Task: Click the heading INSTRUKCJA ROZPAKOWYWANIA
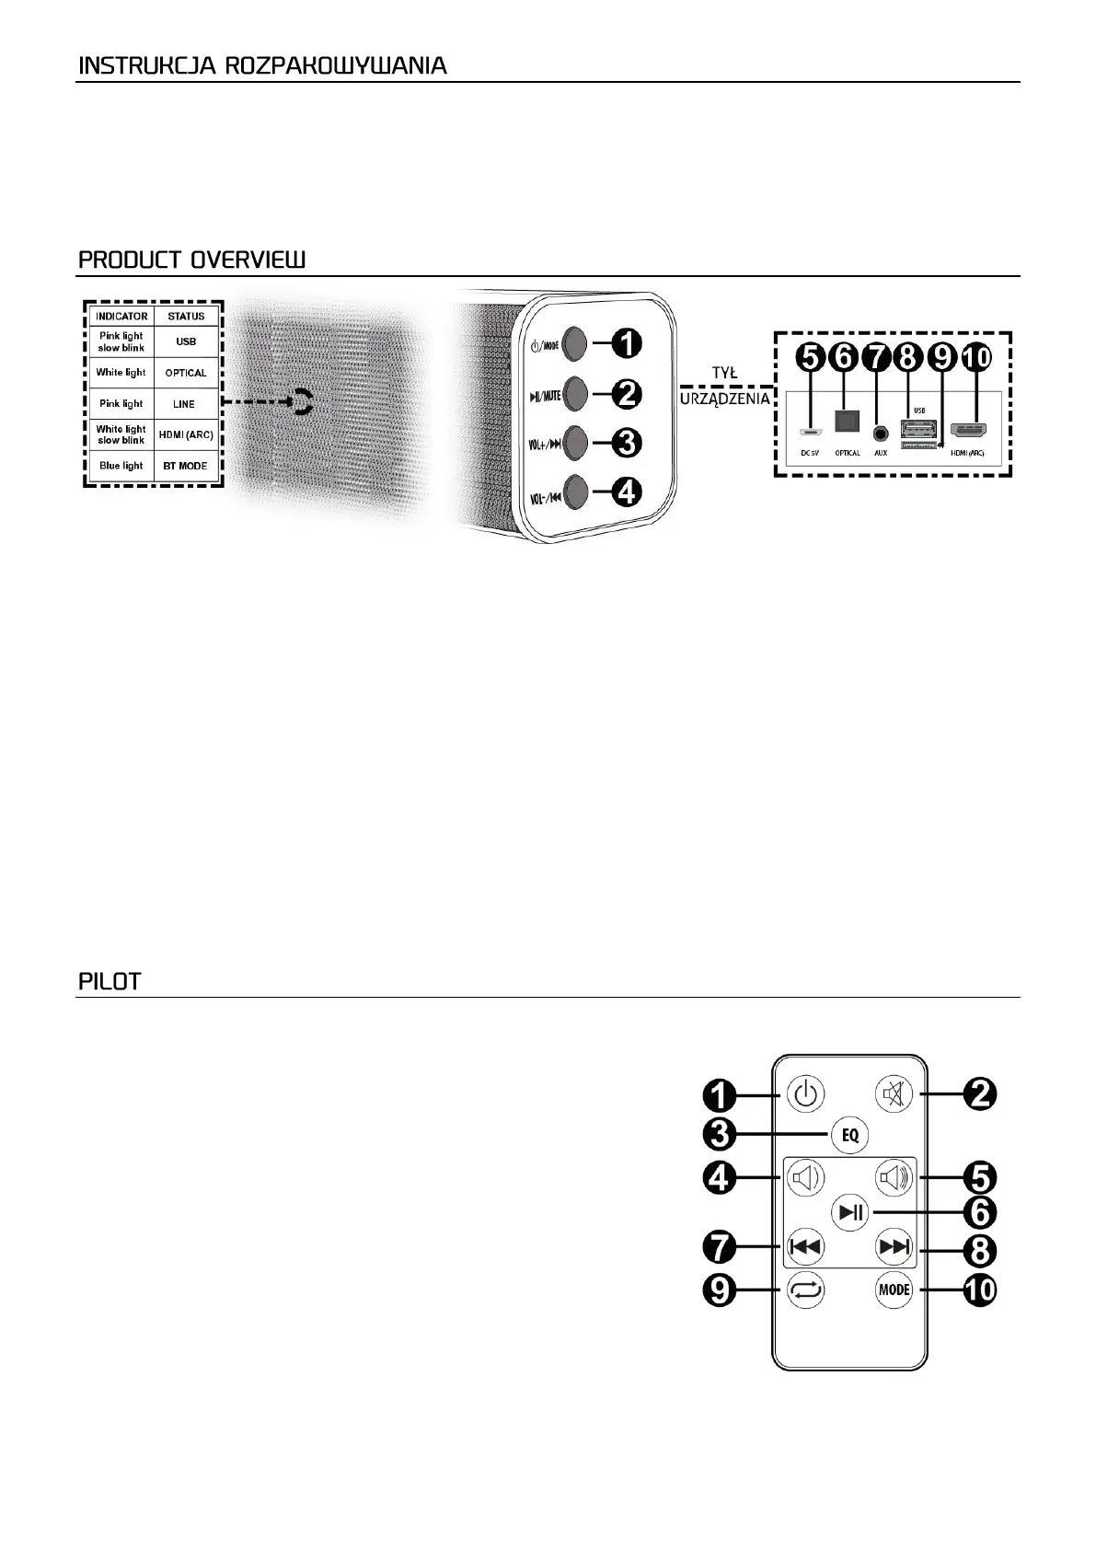click(262, 66)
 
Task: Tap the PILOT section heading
click(110, 981)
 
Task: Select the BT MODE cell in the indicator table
click(185, 466)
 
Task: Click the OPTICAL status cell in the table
click(185, 373)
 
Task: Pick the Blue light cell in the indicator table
click(121, 466)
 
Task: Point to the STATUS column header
click(186, 316)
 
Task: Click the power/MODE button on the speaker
click(573, 344)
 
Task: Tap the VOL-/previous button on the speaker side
click(573, 492)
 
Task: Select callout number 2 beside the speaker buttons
click(625, 394)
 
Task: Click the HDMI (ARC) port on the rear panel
click(967, 430)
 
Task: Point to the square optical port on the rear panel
click(845, 421)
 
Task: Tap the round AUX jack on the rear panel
click(881, 431)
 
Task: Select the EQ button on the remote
click(849, 1134)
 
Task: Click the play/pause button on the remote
click(849, 1212)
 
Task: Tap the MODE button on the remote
click(894, 1290)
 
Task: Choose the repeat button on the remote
click(805, 1290)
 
